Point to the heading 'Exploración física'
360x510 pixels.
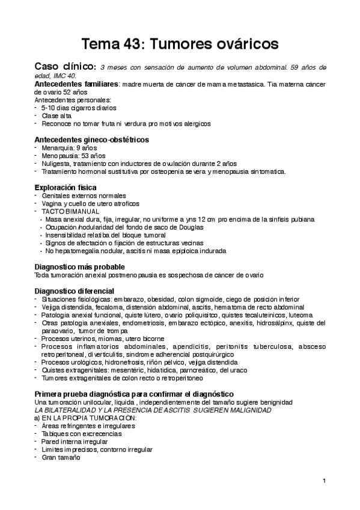(x=66, y=188)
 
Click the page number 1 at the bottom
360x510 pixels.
(x=324, y=481)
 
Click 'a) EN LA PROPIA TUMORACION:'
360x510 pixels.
(x=86, y=418)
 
